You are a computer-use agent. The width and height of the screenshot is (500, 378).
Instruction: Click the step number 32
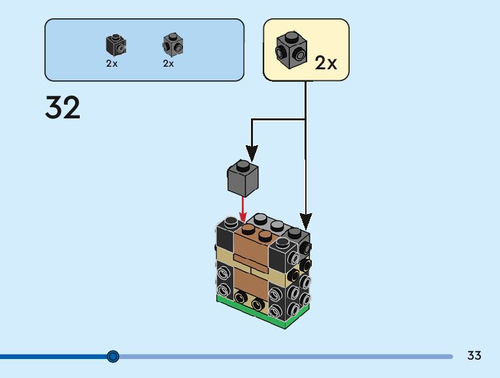[63, 107]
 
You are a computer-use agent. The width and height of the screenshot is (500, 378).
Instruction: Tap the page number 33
[475, 356]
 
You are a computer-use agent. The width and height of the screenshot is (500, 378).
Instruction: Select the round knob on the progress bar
[113, 356]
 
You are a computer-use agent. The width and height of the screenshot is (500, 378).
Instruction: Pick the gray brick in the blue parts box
[172, 44]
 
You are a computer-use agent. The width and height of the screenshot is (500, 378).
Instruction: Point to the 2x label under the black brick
[112, 63]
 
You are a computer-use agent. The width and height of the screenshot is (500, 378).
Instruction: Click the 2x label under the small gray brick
[169, 63]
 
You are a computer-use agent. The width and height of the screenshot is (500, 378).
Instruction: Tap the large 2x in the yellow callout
[325, 63]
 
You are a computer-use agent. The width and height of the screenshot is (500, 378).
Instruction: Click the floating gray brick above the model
[243, 178]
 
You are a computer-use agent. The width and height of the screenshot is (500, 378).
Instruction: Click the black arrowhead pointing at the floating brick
[249, 152]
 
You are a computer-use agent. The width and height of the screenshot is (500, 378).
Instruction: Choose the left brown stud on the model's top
[248, 229]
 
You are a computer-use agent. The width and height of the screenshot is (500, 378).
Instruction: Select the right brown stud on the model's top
[265, 235]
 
